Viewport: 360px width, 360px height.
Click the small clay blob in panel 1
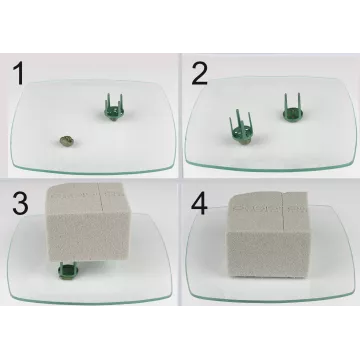63,142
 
